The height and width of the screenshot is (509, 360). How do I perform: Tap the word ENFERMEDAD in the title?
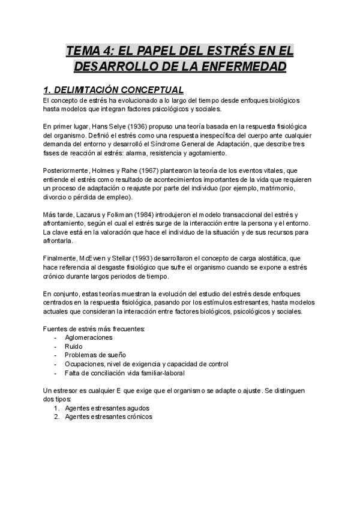(x=239, y=65)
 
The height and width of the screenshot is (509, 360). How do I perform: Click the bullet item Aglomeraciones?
(x=89, y=337)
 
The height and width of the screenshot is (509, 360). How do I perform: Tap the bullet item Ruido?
(x=74, y=346)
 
